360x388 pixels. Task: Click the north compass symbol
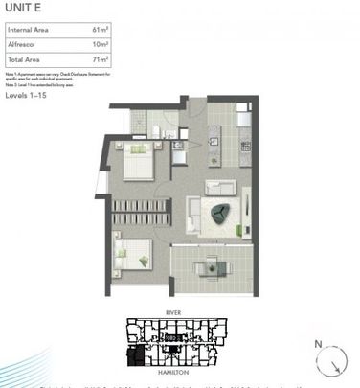click(x=334, y=359)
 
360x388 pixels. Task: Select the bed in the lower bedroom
click(x=133, y=252)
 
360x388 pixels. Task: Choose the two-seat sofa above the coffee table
click(x=222, y=187)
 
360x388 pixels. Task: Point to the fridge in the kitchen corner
click(x=244, y=112)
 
